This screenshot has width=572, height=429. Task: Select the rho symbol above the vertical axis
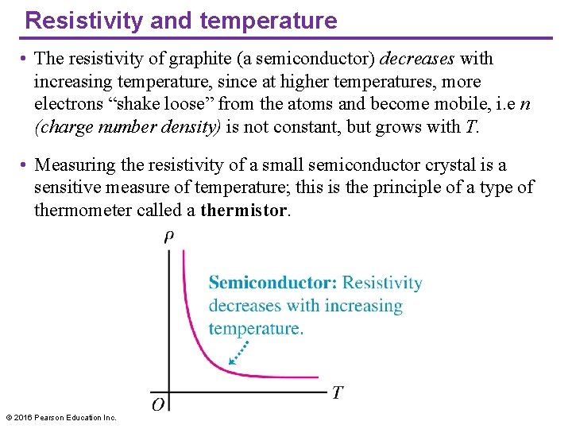click(169, 236)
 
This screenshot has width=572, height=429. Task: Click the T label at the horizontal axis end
click(338, 392)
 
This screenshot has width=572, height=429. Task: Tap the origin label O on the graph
click(158, 404)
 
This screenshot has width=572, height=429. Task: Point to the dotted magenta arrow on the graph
click(240, 352)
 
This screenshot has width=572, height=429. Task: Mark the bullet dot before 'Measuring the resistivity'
click(25, 166)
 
